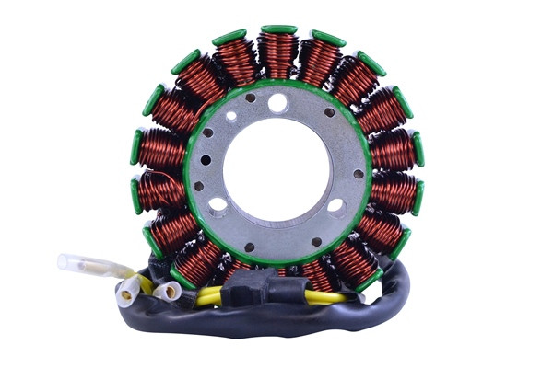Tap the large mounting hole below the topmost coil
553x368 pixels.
pyautogui.click(x=277, y=103)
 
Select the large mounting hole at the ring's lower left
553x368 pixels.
pyautogui.click(x=218, y=204)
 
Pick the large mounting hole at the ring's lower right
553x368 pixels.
pyautogui.click(x=335, y=205)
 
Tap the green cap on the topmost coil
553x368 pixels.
pyautogui.click(x=278, y=29)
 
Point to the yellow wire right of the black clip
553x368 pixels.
pyautogui.click(x=318, y=296)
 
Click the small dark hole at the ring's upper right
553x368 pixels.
pyautogui.click(x=330, y=112)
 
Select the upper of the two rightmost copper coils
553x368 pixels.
pyautogui.click(x=391, y=150)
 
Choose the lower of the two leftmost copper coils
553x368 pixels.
pyautogui.click(x=162, y=191)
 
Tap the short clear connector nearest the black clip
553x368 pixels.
pyautogui.click(x=168, y=292)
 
